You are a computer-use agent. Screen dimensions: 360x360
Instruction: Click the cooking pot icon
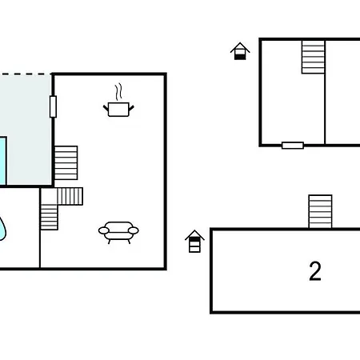118,110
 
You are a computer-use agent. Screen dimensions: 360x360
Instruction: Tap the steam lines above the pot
118,91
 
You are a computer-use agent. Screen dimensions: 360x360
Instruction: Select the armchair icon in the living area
118,232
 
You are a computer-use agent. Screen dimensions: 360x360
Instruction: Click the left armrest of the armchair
103,230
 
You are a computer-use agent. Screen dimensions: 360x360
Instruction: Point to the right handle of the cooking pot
131,108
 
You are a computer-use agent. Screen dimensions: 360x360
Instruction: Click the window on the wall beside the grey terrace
53,106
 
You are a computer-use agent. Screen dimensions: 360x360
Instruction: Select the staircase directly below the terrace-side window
66,162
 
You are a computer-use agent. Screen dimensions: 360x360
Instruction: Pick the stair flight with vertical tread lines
70,197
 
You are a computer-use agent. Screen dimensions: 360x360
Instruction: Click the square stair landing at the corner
49,197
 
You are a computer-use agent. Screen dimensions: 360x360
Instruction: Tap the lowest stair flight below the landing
49,218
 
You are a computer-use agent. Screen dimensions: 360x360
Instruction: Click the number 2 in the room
315,271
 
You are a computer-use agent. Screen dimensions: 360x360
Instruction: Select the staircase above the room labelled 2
320,212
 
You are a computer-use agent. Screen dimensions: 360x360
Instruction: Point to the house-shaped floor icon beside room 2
194,242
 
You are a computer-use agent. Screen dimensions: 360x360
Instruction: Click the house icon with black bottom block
240,51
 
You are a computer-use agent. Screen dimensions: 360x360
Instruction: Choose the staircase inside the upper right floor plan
313,57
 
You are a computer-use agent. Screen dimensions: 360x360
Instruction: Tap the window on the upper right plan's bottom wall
293,146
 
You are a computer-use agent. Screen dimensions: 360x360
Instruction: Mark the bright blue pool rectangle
3,161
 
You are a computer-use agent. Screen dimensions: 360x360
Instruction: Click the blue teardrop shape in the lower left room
2,229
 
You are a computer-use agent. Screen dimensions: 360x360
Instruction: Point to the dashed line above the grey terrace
26,74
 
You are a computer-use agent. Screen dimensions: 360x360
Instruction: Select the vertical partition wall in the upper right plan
325,92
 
